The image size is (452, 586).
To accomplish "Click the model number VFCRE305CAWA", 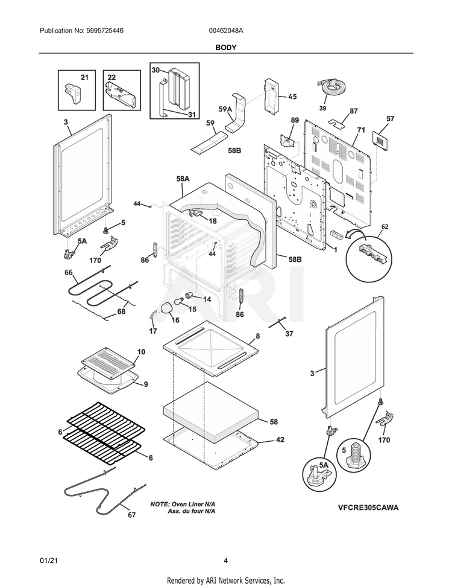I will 367,508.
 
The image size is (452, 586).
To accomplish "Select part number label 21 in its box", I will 84,77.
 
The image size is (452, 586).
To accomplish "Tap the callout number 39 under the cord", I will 322,108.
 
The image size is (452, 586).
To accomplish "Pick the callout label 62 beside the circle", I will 385,226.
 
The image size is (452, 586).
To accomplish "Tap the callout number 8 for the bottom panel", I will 257,336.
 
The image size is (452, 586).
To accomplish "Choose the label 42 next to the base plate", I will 280,440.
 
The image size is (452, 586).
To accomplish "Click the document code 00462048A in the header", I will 227,30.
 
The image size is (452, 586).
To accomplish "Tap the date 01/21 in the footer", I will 48,561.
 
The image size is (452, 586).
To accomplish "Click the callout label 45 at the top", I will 292,97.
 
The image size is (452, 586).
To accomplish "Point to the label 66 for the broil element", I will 69,273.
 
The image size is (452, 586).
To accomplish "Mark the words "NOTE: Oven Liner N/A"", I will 182,503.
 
